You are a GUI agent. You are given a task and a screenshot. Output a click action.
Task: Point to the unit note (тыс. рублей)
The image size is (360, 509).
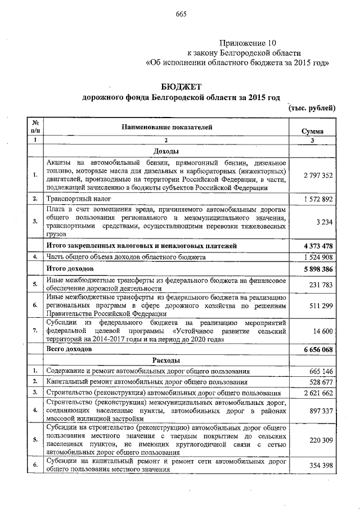pyautogui.click(x=312, y=108)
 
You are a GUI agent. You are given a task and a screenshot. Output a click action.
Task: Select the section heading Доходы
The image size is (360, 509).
pyautogui.click(x=166, y=152)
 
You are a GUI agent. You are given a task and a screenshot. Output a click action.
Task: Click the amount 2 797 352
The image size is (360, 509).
pyautogui.click(x=317, y=175)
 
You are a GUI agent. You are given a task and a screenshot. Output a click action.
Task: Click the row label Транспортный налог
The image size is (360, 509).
pyautogui.click(x=79, y=199)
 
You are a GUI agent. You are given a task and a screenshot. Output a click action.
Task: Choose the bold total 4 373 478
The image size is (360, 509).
pyautogui.click(x=316, y=246)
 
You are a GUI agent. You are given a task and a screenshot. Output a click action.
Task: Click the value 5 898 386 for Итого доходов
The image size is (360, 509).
pyautogui.click(x=316, y=268)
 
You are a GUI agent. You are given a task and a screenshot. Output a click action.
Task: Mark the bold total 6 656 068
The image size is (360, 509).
pyautogui.click(x=316, y=349)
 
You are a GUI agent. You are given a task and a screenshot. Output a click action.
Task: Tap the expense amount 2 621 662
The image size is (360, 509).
pyautogui.click(x=317, y=393)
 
